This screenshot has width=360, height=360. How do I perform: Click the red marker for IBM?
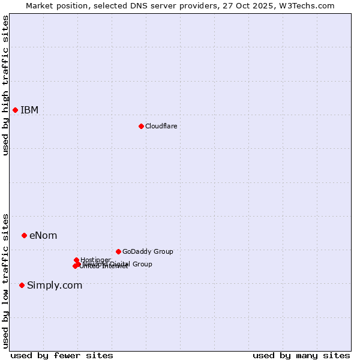pyautogui.click(x=15, y=110)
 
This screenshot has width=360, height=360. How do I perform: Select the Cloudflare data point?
pyautogui.click(x=141, y=126)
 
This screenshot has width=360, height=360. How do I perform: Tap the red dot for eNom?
pyautogui.click(x=24, y=235)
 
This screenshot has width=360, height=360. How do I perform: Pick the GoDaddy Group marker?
pyautogui.click(x=118, y=251)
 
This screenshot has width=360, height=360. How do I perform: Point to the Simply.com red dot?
pyautogui.click(x=22, y=285)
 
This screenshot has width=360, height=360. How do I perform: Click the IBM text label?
pyautogui.click(x=29, y=110)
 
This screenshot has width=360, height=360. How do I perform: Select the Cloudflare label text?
pyautogui.click(x=161, y=126)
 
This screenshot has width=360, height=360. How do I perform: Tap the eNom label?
pyautogui.click(x=43, y=235)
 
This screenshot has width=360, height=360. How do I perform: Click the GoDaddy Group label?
pyautogui.click(x=147, y=251)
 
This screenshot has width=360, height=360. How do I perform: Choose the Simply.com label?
pyautogui.click(x=55, y=285)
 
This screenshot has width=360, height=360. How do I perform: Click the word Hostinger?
pyautogui.click(x=95, y=260)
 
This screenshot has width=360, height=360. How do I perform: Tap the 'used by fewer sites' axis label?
pyautogui.click(x=62, y=355)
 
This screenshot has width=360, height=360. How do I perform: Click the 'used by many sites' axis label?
pyautogui.click(x=301, y=355)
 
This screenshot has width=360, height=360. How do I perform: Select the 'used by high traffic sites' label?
pyautogui.click(x=5, y=85)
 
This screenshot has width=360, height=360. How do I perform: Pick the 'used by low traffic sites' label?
pyautogui.click(x=5, y=280)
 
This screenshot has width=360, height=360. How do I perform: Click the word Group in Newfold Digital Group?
pyautogui.click(x=142, y=264)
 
